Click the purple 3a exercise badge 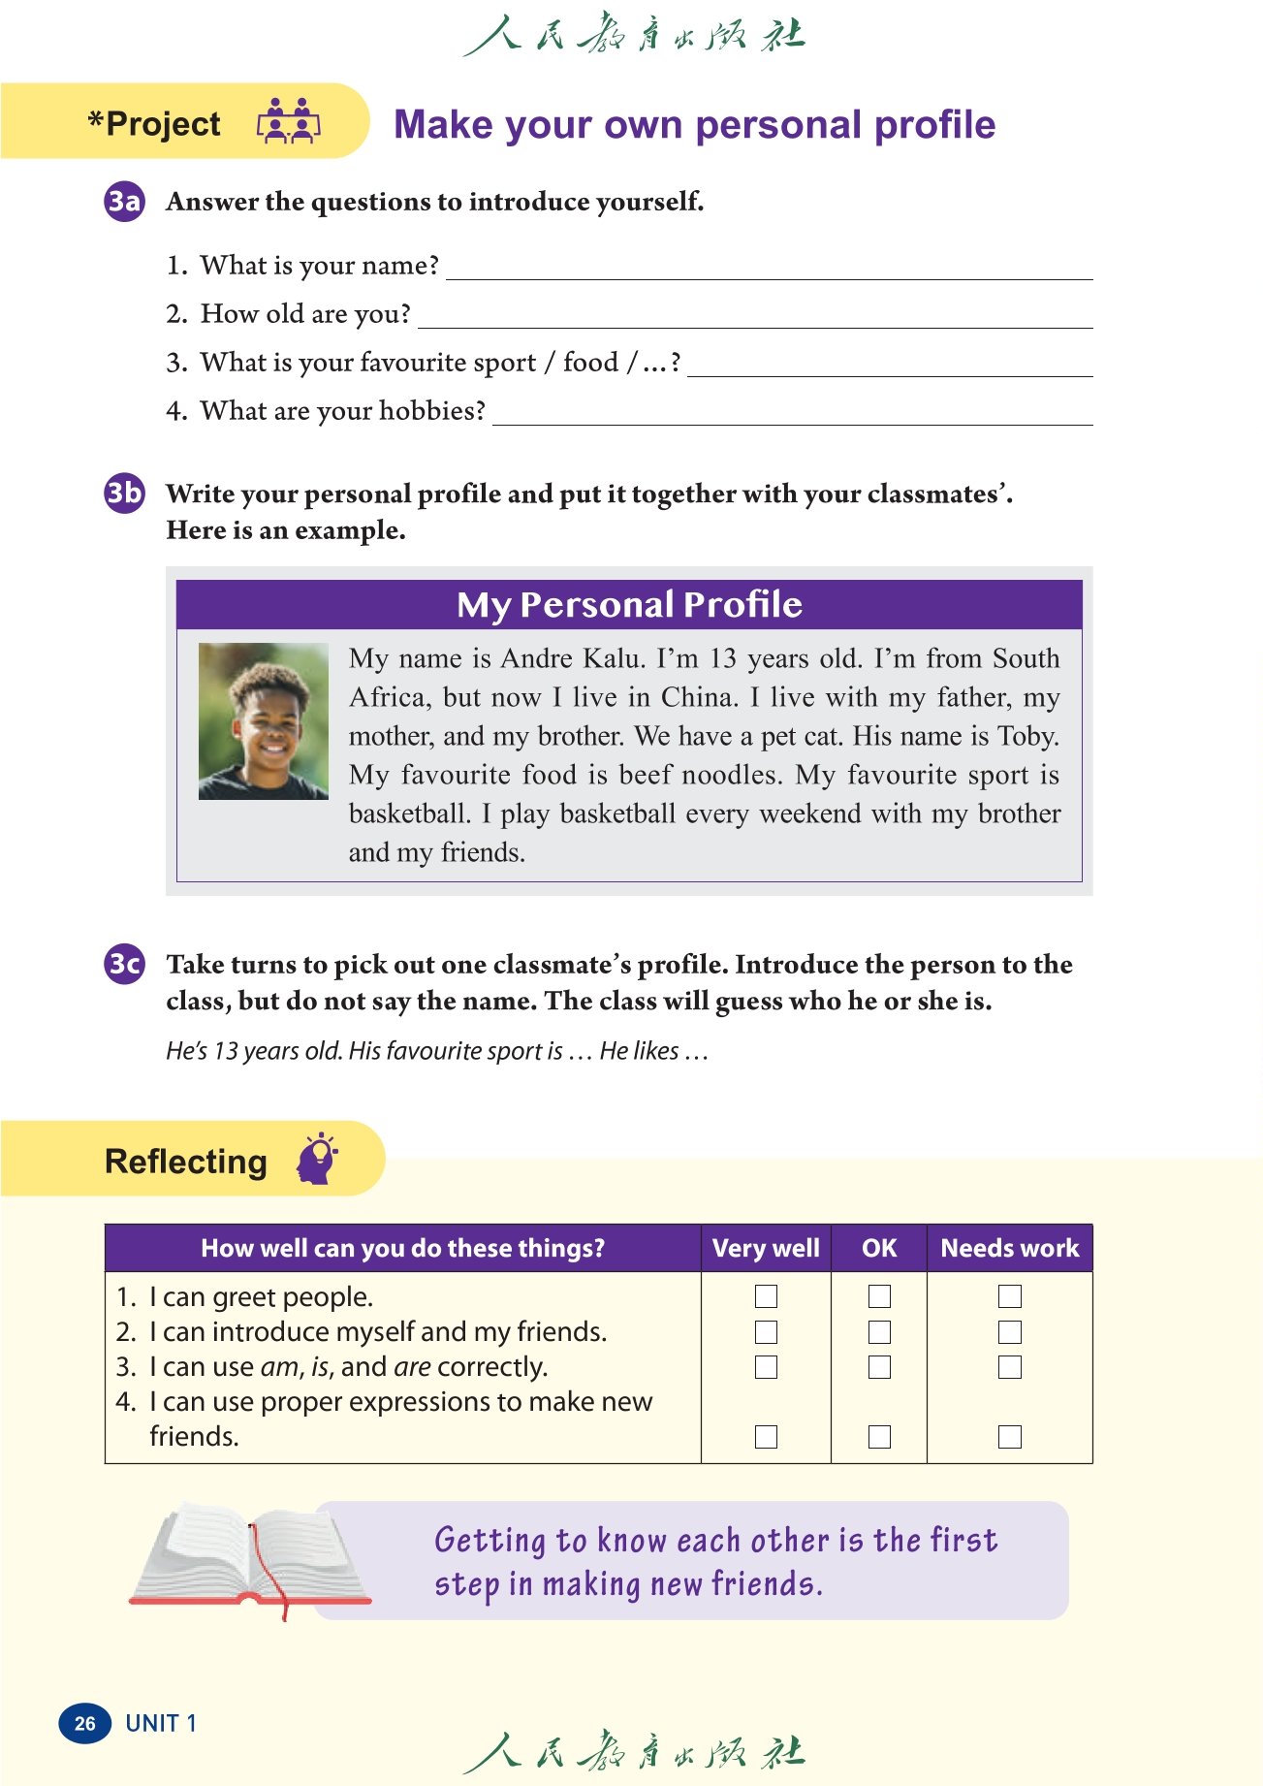point(124,202)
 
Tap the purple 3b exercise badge point(124,494)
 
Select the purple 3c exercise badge point(124,964)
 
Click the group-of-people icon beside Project point(288,122)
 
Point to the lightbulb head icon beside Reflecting point(318,1158)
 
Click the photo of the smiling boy point(263,721)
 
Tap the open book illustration point(250,1557)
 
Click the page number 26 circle point(85,1723)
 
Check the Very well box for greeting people point(766,1296)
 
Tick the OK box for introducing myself point(879,1332)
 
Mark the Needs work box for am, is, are point(1009,1367)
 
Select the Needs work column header point(1009,1248)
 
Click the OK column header point(879,1248)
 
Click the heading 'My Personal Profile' point(629,605)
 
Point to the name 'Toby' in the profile point(1027,736)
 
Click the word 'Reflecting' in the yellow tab point(186,1161)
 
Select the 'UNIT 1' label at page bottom point(161,1723)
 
